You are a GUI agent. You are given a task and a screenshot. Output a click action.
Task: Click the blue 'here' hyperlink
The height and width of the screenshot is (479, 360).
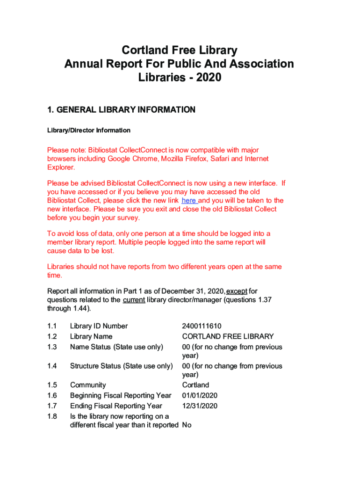pyautogui.click(x=189, y=201)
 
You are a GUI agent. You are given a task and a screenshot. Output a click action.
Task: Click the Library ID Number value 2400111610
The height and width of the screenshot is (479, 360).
pyautogui.click(x=202, y=326)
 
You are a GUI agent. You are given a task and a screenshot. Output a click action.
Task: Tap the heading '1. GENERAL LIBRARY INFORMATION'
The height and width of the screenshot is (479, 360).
pyautogui.click(x=121, y=110)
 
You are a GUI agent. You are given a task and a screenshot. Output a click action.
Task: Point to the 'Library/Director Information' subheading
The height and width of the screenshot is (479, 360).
pyautogui.click(x=89, y=131)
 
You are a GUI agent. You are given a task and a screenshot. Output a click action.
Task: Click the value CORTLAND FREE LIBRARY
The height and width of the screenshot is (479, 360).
pyautogui.click(x=228, y=336)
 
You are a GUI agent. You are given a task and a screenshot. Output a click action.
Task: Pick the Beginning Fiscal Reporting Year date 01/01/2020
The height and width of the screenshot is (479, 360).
pyautogui.click(x=200, y=396)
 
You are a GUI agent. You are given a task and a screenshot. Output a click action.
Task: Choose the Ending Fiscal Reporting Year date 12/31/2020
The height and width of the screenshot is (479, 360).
pyautogui.click(x=200, y=406)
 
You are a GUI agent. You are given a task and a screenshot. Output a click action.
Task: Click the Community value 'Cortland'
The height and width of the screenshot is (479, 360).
pyautogui.click(x=195, y=385)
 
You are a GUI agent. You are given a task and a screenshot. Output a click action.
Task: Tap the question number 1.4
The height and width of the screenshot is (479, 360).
pyautogui.click(x=52, y=366)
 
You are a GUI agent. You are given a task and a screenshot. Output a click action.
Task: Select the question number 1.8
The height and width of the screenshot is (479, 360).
pyautogui.click(x=52, y=416)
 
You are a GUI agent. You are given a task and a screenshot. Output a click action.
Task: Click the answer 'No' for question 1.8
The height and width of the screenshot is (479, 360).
pyautogui.click(x=187, y=425)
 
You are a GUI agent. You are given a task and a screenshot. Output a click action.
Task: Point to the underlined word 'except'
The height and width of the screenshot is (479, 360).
pyautogui.click(x=237, y=291)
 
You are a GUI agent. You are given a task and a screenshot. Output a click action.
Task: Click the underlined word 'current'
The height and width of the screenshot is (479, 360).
pyautogui.click(x=134, y=300)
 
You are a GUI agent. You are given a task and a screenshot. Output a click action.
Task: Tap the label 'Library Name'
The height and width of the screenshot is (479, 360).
pyautogui.click(x=91, y=336)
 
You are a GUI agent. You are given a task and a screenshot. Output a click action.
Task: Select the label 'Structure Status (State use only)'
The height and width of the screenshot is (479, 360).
pyautogui.click(x=121, y=366)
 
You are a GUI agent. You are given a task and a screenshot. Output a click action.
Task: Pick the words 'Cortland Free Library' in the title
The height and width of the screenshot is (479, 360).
pyautogui.click(x=180, y=51)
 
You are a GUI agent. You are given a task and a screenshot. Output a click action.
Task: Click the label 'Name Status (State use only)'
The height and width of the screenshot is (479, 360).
pyautogui.click(x=116, y=347)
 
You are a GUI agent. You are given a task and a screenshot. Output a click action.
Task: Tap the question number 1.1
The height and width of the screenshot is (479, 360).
pyautogui.click(x=52, y=326)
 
